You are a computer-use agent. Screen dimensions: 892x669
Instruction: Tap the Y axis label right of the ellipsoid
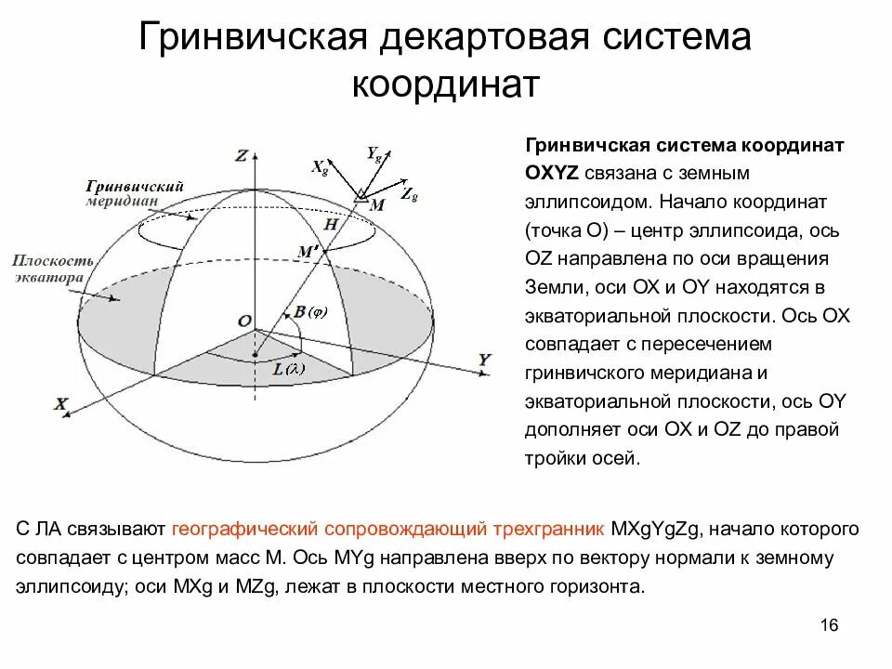(484, 359)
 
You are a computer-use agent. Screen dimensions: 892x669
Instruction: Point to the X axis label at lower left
(61, 404)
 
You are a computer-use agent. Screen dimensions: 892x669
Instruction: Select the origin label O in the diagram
(243, 321)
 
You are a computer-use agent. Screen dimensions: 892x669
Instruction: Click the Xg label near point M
(319, 167)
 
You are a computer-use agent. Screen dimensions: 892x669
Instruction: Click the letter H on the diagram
(330, 225)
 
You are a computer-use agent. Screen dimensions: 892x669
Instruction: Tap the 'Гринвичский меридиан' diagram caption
(133, 192)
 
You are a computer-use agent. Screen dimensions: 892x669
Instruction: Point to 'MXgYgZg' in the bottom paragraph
(660, 530)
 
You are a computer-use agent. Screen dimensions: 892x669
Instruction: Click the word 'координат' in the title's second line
(445, 85)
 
